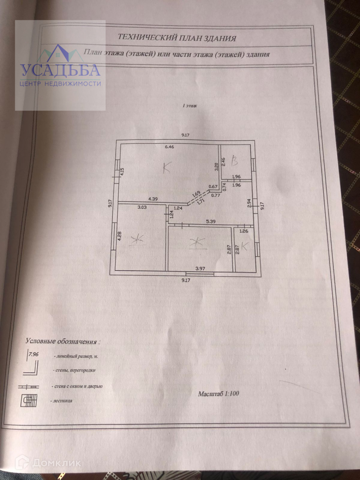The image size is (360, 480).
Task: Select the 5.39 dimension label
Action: click(211, 220)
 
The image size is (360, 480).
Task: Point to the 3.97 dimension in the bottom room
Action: click(200, 269)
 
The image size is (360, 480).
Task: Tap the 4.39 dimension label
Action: click(154, 198)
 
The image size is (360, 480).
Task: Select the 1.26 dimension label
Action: click(244, 230)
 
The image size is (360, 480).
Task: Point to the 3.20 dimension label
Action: click(216, 166)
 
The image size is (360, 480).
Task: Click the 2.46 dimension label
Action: click(224, 161)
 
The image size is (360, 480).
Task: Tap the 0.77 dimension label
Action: click(216, 196)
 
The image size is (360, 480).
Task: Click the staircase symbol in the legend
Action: click(29, 400)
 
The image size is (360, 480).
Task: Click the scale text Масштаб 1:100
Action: click(218, 394)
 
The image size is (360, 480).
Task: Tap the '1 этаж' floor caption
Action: click(190, 106)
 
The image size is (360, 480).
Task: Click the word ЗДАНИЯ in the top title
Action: click(220, 38)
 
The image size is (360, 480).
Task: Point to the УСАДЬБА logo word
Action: click(60, 70)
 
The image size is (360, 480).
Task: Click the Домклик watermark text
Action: click(56, 463)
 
